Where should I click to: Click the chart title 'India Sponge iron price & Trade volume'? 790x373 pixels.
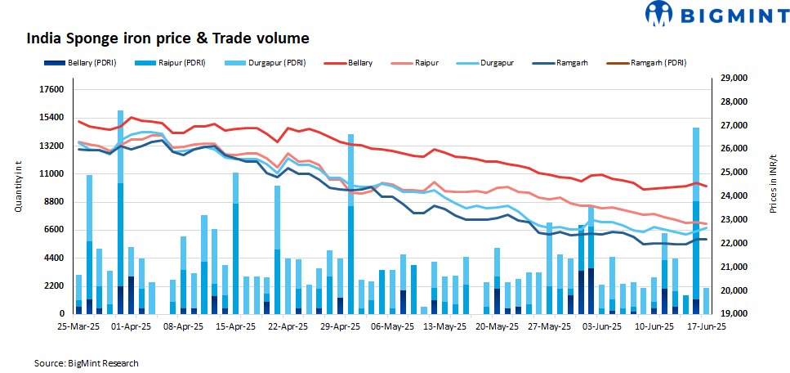(168, 38)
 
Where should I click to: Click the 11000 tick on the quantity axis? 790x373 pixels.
(52, 173)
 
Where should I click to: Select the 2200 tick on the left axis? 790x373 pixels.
(54, 285)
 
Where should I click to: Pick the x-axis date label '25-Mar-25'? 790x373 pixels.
(78, 326)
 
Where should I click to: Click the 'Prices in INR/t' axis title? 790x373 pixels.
(774, 184)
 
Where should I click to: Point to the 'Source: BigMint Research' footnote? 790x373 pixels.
(86, 362)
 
